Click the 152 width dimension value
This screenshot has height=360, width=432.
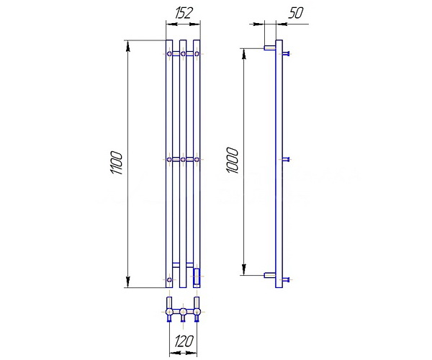[x=183, y=13]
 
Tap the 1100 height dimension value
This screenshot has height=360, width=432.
[x=116, y=163]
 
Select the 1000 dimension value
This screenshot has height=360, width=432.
[x=232, y=161]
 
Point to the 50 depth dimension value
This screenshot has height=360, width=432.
[x=295, y=13]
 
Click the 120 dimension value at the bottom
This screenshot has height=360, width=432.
[x=184, y=341]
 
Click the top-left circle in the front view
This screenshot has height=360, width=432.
[x=169, y=54]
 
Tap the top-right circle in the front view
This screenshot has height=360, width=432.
[x=197, y=54]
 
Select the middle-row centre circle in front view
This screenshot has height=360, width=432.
[x=183, y=159]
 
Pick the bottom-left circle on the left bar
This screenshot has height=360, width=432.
[x=169, y=280]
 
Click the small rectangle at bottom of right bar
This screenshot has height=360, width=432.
[x=197, y=276]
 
